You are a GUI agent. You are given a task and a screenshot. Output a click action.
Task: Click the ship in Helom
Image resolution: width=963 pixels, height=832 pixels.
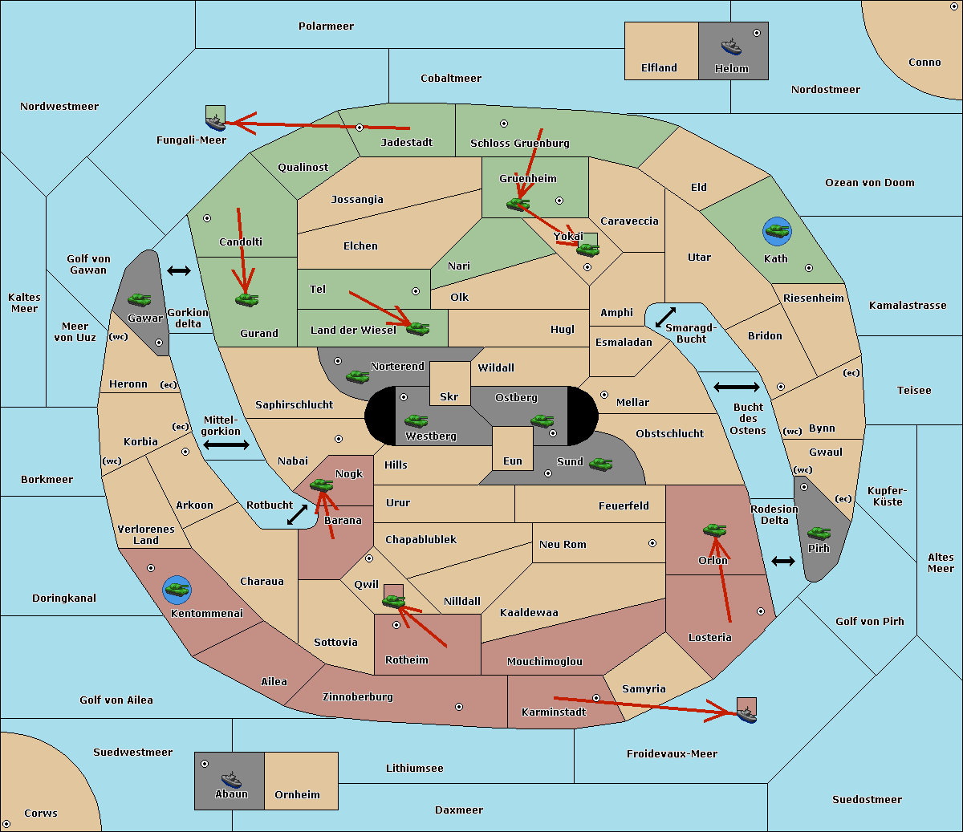pyautogui.click(x=731, y=47)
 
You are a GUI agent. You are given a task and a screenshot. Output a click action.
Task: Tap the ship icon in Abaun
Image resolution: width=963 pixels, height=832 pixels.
pyautogui.click(x=232, y=779)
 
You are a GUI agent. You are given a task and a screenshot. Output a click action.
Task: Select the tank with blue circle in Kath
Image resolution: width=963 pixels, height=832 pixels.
pyautogui.click(x=777, y=231)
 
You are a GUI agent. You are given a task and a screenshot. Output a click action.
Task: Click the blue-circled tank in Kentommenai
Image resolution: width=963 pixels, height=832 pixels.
pyautogui.click(x=177, y=590)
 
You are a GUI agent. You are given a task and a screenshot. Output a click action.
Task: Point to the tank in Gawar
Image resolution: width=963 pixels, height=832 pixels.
pyautogui.click(x=140, y=299)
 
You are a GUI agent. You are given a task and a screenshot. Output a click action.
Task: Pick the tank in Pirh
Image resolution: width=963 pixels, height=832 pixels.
pyautogui.click(x=819, y=533)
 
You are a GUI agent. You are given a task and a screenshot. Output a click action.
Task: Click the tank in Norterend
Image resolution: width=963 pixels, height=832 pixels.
pyautogui.click(x=357, y=376)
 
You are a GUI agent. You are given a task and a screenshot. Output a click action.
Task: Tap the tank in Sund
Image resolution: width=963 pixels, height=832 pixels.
pyautogui.click(x=600, y=464)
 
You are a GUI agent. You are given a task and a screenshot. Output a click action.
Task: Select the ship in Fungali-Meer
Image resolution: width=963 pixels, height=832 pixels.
pyautogui.click(x=216, y=123)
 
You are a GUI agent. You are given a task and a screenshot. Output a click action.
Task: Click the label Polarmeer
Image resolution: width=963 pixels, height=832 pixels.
pyautogui.click(x=326, y=26)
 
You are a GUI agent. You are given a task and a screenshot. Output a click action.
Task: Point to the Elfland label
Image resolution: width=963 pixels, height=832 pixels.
pyautogui.click(x=659, y=68)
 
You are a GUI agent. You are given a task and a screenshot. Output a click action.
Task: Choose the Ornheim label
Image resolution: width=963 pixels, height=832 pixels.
pyautogui.click(x=297, y=795)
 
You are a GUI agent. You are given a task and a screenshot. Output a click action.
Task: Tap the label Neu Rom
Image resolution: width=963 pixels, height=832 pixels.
pyautogui.click(x=563, y=544)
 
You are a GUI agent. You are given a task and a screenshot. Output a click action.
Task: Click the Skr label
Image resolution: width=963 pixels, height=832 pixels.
pyautogui.click(x=449, y=396)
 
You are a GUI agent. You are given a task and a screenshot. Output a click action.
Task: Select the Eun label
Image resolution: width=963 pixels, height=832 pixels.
pyautogui.click(x=513, y=461)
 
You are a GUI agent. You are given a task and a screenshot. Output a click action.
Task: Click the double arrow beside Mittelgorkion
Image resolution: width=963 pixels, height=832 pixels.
pyautogui.click(x=226, y=444)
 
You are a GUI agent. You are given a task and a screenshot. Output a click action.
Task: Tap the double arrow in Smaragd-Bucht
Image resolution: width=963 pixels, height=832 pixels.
pyautogui.click(x=665, y=317)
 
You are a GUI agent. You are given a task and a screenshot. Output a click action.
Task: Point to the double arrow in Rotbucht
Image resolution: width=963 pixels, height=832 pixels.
pyautogui.click(x=297, y=514)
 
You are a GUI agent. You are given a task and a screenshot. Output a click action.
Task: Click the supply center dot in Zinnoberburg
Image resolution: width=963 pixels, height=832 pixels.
pyautogui.click(x=459, y=707)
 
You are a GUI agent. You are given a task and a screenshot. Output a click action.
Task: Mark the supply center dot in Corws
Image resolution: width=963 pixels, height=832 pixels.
pyautogui.click(x=6, y=824)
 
